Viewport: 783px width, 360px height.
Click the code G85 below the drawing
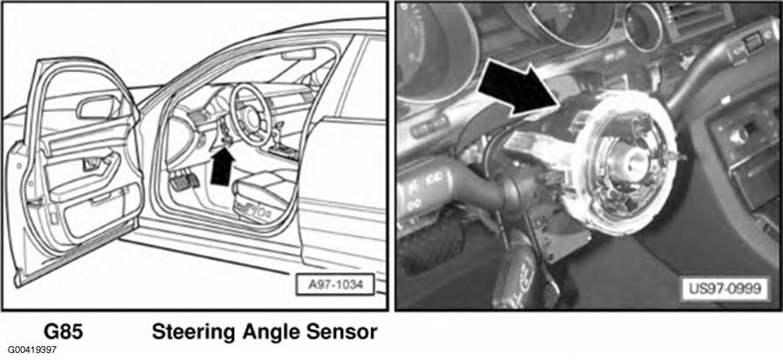click(64, 332)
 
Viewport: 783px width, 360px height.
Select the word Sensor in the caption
click(343, 332)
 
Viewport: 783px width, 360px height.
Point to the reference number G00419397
click(31, 350)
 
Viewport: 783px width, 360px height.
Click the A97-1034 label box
click(335, 285)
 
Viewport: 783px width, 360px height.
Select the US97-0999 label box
click(725, 290)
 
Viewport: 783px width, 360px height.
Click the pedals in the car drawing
click(184, 181)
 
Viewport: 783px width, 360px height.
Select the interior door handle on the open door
click(93, 164)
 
